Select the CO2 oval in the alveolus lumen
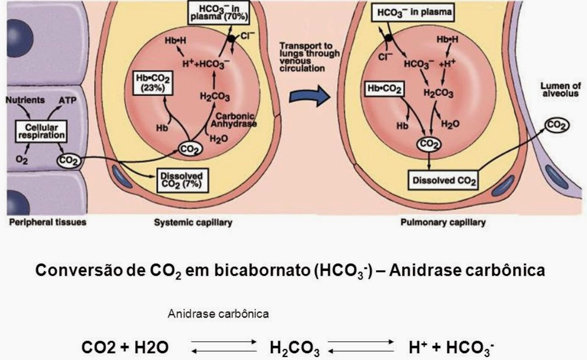pyautogui.click(x=557, y=125)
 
